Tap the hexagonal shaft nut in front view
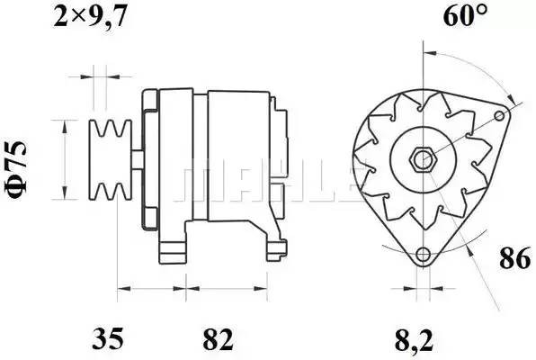pos(422,160)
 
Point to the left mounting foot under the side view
pos(174,248)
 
